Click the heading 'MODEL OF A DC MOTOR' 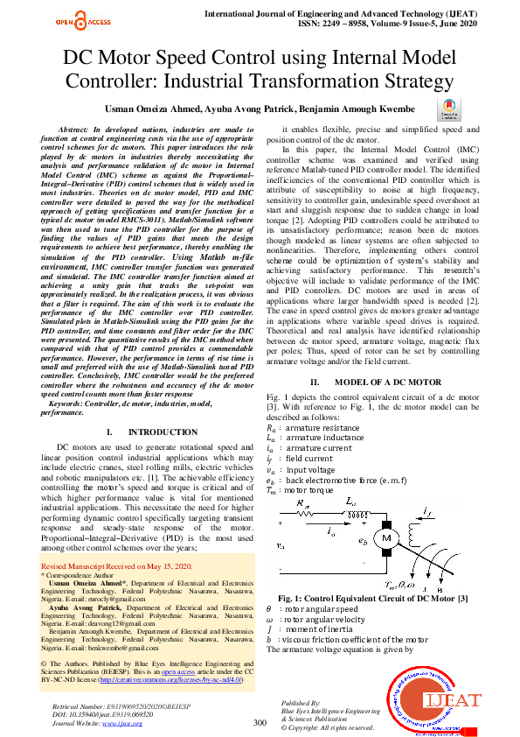tap(376, 383)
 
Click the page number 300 tap(260, 722)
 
